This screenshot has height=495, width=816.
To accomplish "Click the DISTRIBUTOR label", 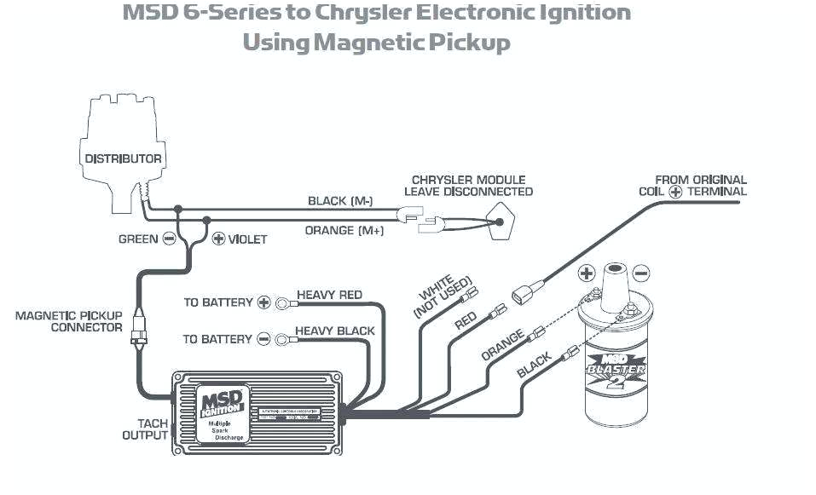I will [123, 158].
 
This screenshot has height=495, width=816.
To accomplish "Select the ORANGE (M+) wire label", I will [343, 231].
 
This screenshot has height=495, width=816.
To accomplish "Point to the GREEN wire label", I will [138, 239].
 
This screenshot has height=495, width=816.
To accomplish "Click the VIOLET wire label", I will [247, 239].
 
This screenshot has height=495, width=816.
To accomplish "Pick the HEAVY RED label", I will [329, 295].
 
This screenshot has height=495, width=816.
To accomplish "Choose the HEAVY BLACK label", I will [334, 331].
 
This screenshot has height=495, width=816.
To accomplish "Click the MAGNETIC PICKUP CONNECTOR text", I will [68, 321].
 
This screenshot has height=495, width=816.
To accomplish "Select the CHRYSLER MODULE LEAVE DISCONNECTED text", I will [468, 186].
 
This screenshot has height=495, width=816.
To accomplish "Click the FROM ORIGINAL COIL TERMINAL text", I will [692, 186].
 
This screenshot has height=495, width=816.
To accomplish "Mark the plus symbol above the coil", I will [587, 273].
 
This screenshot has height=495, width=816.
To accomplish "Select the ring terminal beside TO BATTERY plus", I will [280, 302].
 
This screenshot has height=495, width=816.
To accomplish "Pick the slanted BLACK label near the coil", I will [535, 365].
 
